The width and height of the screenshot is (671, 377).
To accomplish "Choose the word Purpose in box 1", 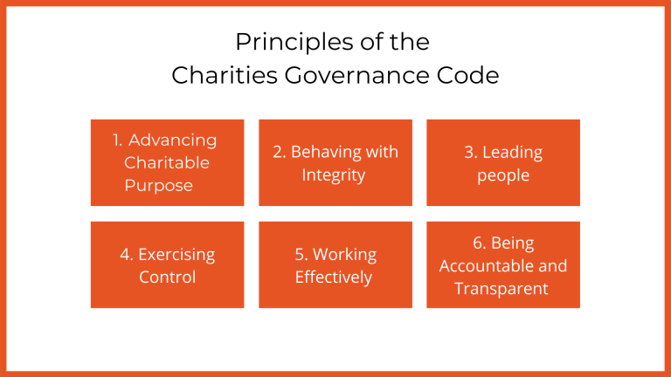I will pyautogui.click(x=158, y=186).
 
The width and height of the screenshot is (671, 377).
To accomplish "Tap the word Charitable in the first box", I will pyautogui.click(x=167, y=163).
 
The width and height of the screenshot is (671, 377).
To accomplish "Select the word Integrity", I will pyautogui.click(x=334, y=175).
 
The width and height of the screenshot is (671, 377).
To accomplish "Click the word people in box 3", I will pyautogui.click(x=503, y=175).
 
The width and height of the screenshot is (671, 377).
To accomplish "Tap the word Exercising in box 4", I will pyautogui.click(x=177, y=255).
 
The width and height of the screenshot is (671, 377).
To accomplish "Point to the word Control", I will pyautogui.click(x=167, y=278).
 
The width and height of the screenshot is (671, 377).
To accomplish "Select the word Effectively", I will pyautogui.click(x=334, y=278).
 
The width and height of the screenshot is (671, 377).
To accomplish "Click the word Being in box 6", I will pyautogui.click(x=512, y=243).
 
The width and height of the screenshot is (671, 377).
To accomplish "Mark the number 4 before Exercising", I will pyautogui.click(x=125, y=255).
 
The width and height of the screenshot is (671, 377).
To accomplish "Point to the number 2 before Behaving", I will pyautogui.click(x=279, y=152).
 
